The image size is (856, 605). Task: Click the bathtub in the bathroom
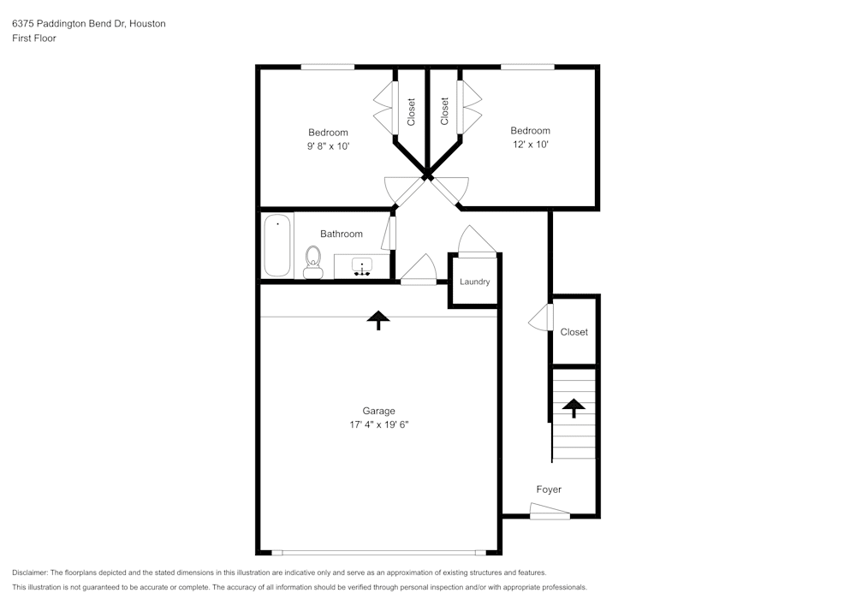point(277,246)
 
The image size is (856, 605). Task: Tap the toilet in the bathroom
point(312,261)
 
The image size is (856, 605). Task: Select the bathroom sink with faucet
point(363,267)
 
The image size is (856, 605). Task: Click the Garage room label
point(378,411)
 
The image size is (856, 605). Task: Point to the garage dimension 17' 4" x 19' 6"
point(378,424)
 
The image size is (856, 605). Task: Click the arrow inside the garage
point(378,320)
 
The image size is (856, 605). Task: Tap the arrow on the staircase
point(573,407)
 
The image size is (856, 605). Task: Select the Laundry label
point(474,282)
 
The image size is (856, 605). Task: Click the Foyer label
point(549,489)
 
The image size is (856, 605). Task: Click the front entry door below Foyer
point(550,513)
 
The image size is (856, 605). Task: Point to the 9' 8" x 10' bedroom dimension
point(328,145)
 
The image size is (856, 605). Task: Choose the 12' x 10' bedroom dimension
point(530,145)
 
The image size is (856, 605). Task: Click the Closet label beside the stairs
point(574,332)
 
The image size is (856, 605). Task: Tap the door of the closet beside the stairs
point(541,318)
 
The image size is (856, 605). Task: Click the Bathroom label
point(342,234)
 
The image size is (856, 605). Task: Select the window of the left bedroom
point(327,67)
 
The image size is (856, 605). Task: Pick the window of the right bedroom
point(527,67)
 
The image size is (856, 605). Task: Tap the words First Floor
point(33,39)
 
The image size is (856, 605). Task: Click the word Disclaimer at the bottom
point(29,572)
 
